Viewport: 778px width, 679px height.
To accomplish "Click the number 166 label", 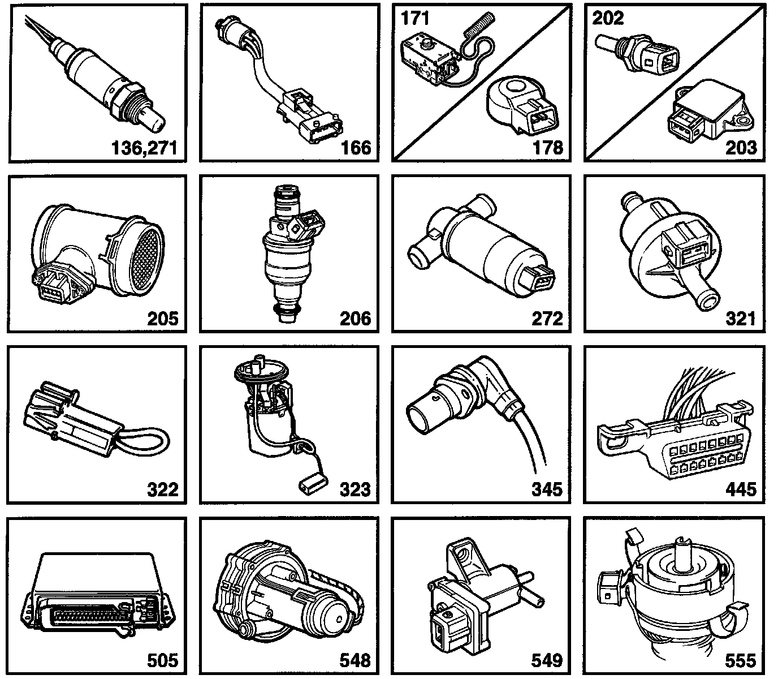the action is tap(356, 148).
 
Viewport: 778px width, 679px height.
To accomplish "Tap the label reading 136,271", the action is tap(144, 148).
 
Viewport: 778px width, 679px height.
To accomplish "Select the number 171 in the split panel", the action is tap(415, 18).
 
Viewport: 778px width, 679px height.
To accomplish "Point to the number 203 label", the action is tap(741, 148).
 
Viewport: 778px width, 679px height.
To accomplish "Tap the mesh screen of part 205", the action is tap(146, 259).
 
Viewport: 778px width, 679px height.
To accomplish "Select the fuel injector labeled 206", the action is tap(289, 253).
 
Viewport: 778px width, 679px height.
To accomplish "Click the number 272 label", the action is tap(547, 319).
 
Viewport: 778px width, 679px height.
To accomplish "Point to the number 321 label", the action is tap(740, 319).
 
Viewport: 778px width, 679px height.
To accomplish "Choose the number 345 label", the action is tap(547, 489).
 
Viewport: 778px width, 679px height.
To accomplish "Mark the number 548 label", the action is tap(355, 660).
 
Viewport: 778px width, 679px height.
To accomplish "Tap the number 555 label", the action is tap(740, 660).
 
